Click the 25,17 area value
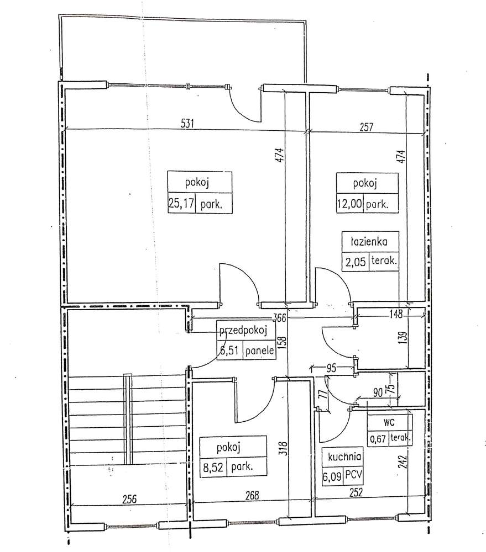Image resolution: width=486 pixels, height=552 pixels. coord(181,204)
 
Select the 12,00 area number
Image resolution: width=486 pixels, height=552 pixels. coord(350,204)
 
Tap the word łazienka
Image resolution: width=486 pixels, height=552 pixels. coord(368,242)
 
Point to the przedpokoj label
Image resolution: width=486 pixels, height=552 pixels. coord(244,331)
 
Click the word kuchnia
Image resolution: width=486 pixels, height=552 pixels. coord(345,457)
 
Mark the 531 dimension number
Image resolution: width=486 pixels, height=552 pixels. coord(188,124)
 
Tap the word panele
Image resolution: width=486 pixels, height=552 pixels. coord(259,350)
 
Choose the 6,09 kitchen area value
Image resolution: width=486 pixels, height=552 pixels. coord(333,475)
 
